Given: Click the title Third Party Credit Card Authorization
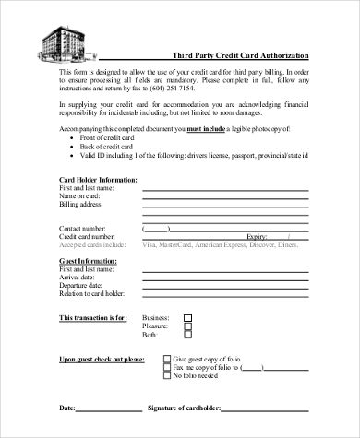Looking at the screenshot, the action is tap(242, 55).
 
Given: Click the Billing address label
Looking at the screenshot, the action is tap(81, 204).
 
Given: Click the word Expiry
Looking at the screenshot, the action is tap(258, 237).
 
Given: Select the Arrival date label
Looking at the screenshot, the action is tap(78, 277).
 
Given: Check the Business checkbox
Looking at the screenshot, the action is tap(187, 317).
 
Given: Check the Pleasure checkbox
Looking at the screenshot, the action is tap(187, 326).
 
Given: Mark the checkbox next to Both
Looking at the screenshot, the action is tap(187, 336).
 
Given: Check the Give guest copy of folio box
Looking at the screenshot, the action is tap(166, 359).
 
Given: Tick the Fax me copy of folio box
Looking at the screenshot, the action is tap(166, 367).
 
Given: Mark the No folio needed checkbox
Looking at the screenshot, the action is tap(166, 376).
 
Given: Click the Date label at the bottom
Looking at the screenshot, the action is tap(67, 407).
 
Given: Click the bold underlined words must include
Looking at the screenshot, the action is tap(207, 130).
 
